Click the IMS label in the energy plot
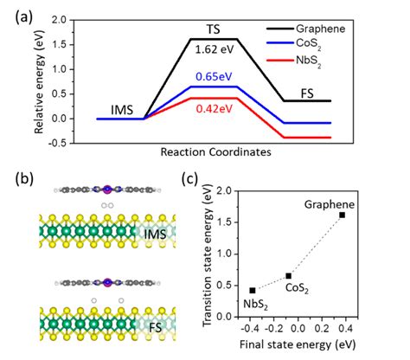[122, 106]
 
